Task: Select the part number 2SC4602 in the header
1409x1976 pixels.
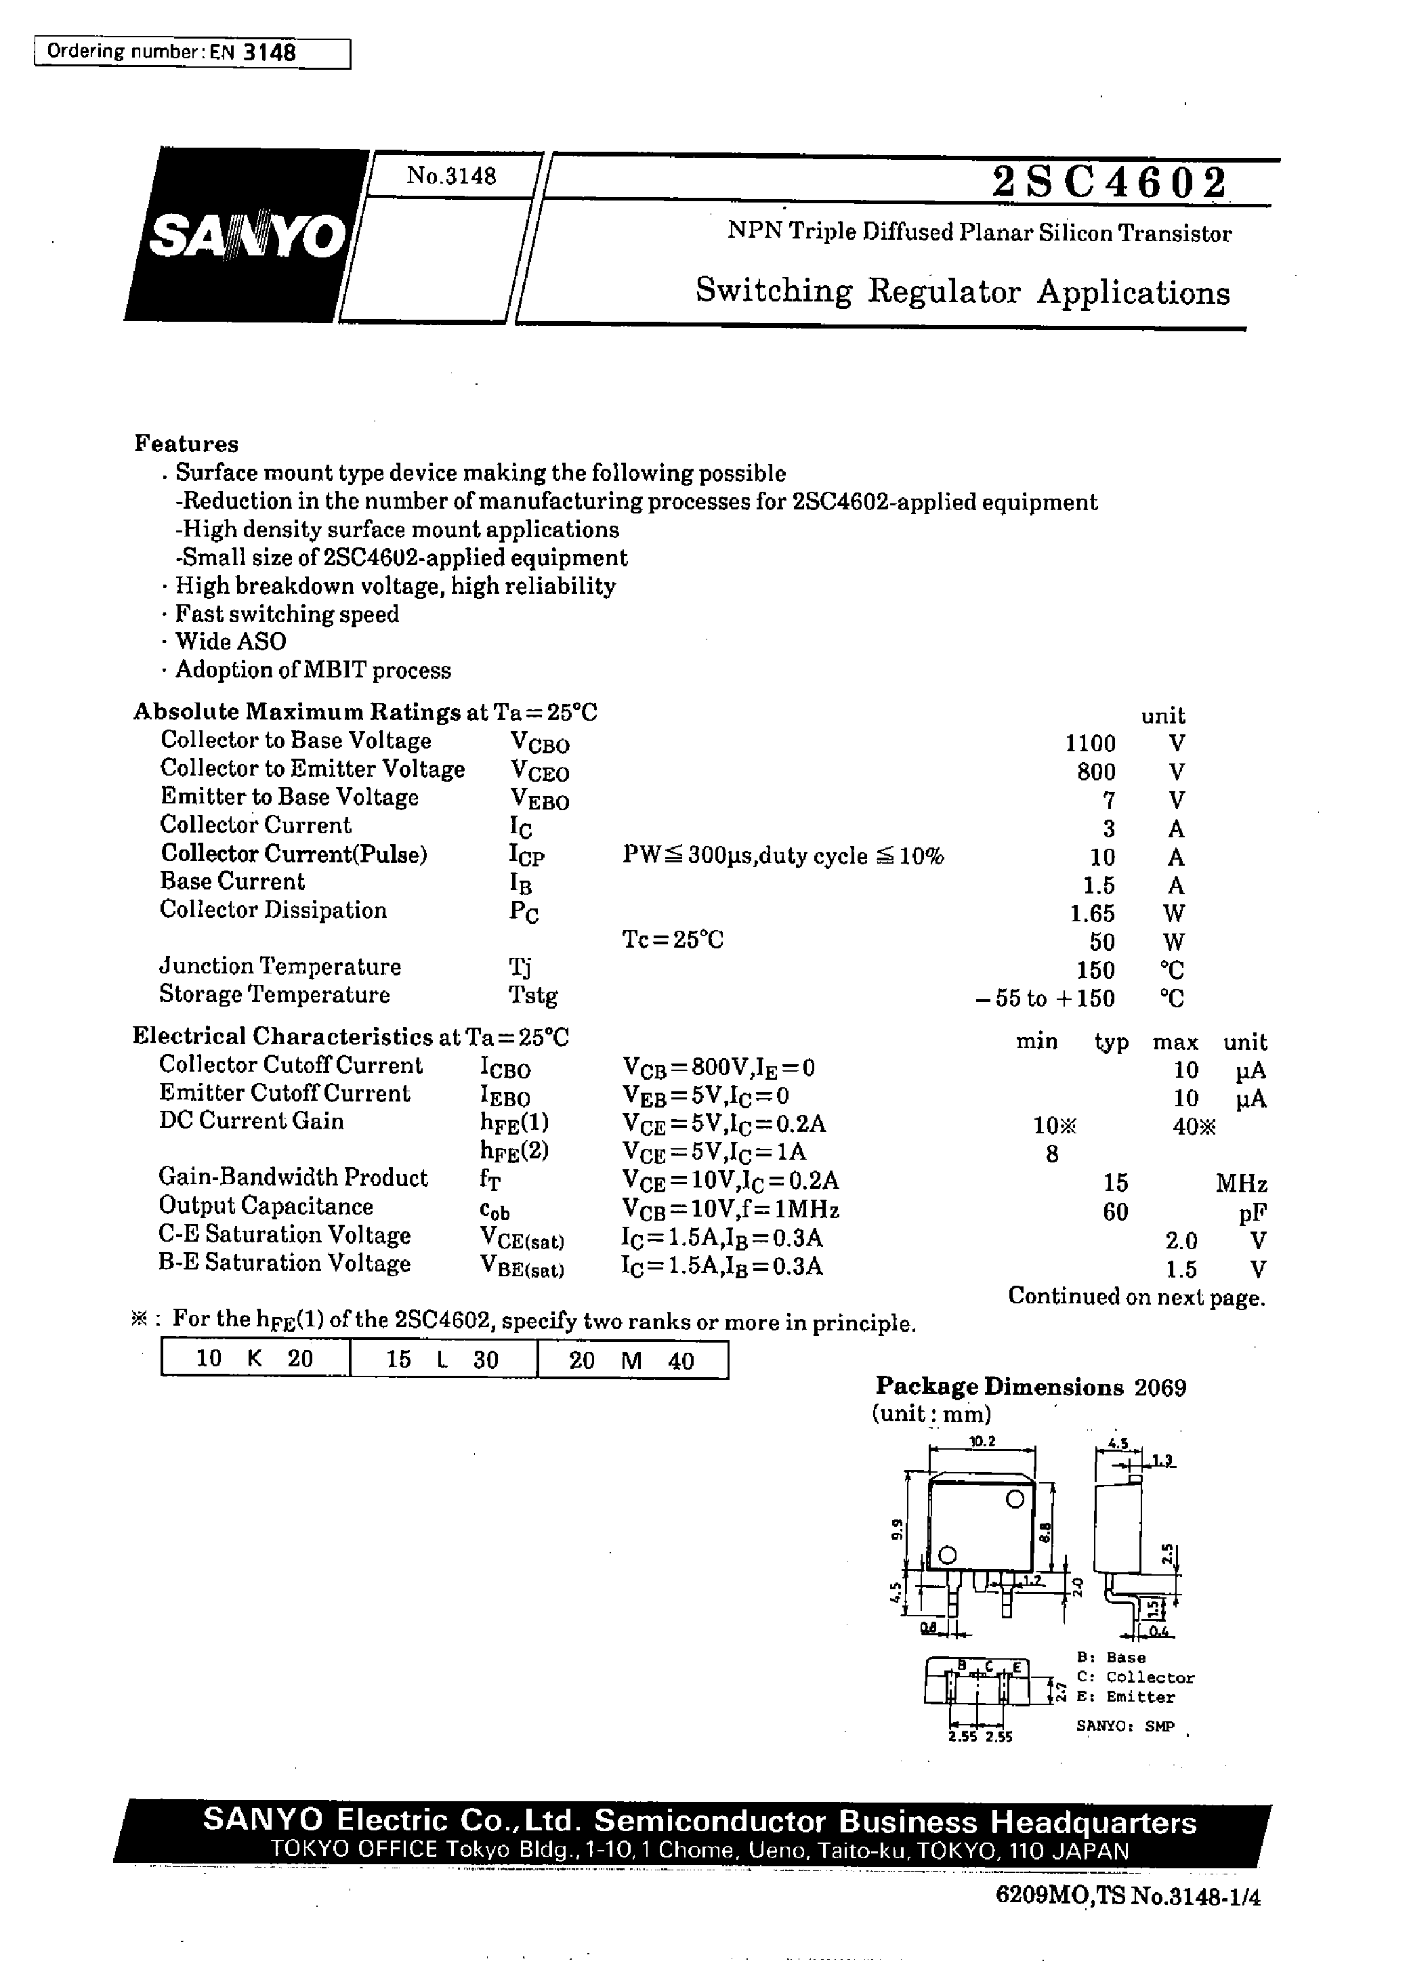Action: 1110,183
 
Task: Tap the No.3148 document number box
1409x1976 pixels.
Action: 451,176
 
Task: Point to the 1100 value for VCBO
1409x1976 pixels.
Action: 1090,743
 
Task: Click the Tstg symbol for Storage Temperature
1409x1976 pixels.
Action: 532,996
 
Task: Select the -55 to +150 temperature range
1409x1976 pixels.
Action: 1045,998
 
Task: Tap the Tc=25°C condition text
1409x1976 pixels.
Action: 673,940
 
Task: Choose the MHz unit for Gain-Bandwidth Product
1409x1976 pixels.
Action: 1241,1184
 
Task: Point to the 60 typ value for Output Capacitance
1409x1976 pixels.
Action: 1115,1212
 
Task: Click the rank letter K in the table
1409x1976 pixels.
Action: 254,1358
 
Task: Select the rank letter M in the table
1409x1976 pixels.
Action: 631,1360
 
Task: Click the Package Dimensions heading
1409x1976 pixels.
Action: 999,1387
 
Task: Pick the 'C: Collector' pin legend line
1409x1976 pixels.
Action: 1135,1678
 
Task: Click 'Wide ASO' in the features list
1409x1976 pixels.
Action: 230,642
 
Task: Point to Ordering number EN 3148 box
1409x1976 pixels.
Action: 192,53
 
